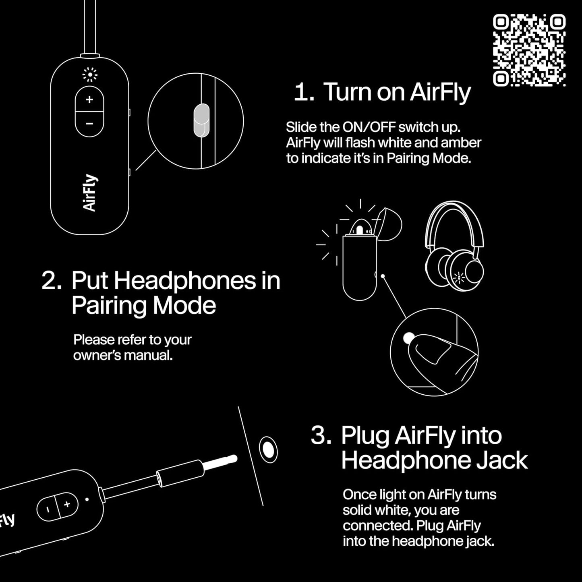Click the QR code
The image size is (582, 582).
click(x=529, y=50)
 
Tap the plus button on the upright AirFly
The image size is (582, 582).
click(x=89, y=99)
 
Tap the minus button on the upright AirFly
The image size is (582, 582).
click(x=89, y=124)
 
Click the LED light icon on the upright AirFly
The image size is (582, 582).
click(x=89, y=75)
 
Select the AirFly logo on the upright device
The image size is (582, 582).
click(x=90, y=193)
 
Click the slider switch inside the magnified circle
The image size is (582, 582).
click(x=201, y=120)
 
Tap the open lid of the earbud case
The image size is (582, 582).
click(x=388, y=224)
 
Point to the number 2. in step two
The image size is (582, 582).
click(x=52, y=281)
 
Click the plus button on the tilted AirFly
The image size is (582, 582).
click(x=67, y=504)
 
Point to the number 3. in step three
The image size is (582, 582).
click(x=321, y=435)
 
